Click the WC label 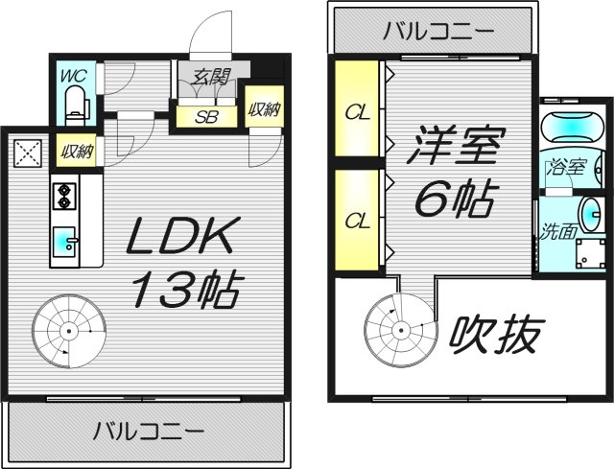73,75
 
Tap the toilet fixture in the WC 73,102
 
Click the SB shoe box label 206,119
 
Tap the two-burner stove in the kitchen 64,195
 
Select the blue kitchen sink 64,240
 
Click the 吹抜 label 497,335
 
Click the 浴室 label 566,167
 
